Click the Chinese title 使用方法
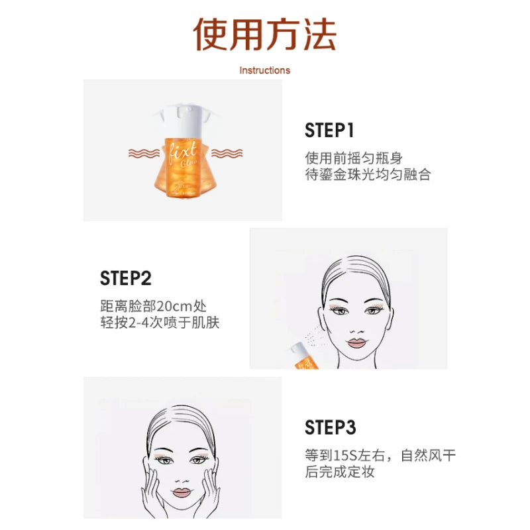(264, 34)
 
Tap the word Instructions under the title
(264, 70)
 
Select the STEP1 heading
(329, 130)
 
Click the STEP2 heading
(125, 278)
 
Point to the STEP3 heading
(330, 427)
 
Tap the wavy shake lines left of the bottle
(144, 153)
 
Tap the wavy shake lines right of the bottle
(227, 153)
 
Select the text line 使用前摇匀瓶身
(354, 158)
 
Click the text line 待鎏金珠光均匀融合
(368, 175)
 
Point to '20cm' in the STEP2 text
(174, 306)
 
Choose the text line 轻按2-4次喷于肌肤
(160, 323)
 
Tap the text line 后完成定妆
(340, 472)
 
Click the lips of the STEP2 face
(357, 343)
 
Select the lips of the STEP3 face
(182, 492)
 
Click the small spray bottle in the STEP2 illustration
(304, 356)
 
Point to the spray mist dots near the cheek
(313, 337)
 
